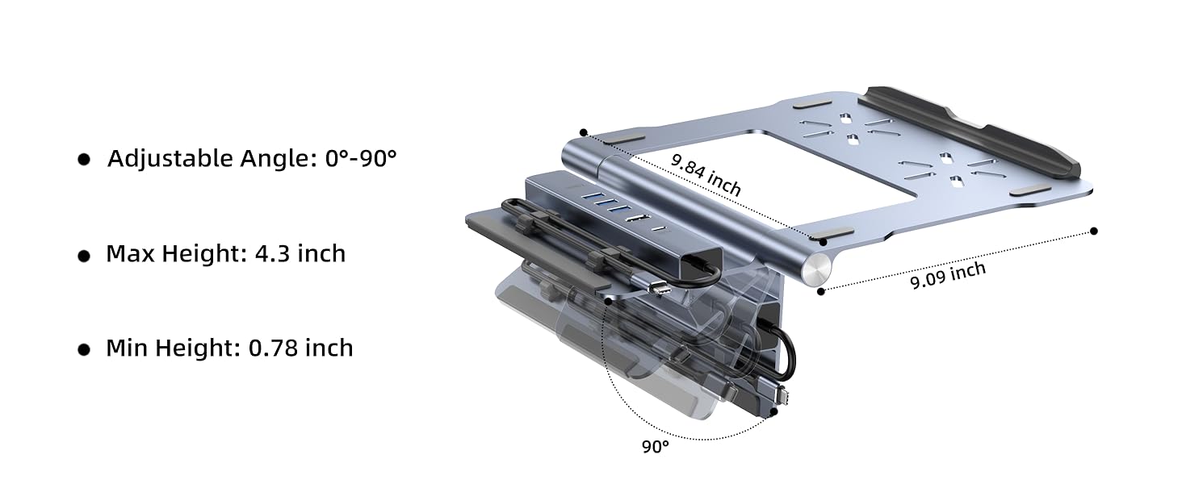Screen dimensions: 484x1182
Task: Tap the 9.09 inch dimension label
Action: pyautogui.click(x=948, y=275)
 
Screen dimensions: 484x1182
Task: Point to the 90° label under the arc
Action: pyautogui.click(x=656, y=446)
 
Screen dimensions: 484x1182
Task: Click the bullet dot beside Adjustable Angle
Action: pyautogui.click(x=84, y=160)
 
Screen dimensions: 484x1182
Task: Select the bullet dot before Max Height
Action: pyautogui.click(x=84, y=256)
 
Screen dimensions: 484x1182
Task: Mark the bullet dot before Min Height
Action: pyautogui.click(x=84, y=350)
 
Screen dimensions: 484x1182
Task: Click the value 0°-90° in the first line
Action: pyautogui.click(x=361, y=158)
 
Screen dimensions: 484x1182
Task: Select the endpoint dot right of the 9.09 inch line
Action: pyautogui.click(x=1094, y=231)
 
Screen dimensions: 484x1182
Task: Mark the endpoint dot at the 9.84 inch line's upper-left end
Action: pyautogui.click(x=584, y=132)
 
